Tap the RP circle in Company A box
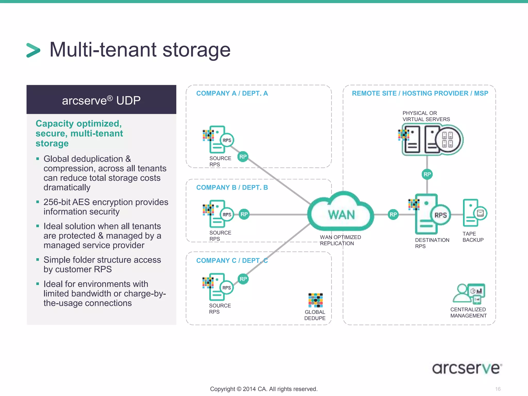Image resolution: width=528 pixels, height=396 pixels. tap(243, 156)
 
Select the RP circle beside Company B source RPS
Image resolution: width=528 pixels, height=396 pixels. tap(244, 214)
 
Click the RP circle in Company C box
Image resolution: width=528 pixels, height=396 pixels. tap(243, 279)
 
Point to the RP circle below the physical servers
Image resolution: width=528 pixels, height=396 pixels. tap(427, 174)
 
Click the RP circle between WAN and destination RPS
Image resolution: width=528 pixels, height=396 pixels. tap(393, 214)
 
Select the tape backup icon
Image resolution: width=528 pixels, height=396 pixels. tap(474, 213)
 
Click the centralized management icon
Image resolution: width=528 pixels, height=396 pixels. tap(469, 294)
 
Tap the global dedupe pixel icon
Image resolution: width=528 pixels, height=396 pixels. tap(315, 300)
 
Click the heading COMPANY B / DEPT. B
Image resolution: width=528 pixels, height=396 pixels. tap(232, 187)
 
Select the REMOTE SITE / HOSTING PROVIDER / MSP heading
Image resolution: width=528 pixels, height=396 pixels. tap(420, 93)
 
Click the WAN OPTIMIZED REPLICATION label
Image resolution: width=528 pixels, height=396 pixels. tap(340, 240)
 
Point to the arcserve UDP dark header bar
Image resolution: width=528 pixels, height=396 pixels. tap(101, 100)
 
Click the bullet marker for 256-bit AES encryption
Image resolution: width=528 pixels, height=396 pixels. tap(38, 202)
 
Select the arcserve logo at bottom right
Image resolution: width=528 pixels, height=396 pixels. tap(467, 368)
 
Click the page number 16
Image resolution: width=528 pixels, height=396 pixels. tap(498, 389)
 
